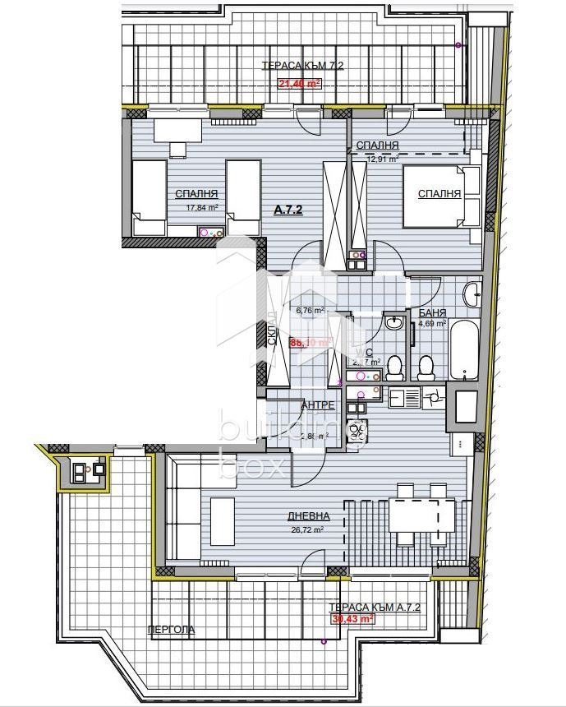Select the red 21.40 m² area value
click(x=300, y=83)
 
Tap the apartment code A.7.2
click(x=288, y=210)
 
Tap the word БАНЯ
click(x=432, y=313)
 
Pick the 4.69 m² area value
click(x=431, y=324)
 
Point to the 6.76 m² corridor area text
click(x=310, y=311)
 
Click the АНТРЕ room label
click(x=318, y=405)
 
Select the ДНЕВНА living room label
click(x=309, y=516)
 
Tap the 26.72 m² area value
click(x=309, y=530)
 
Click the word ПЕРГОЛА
click(x=171, y=630)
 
